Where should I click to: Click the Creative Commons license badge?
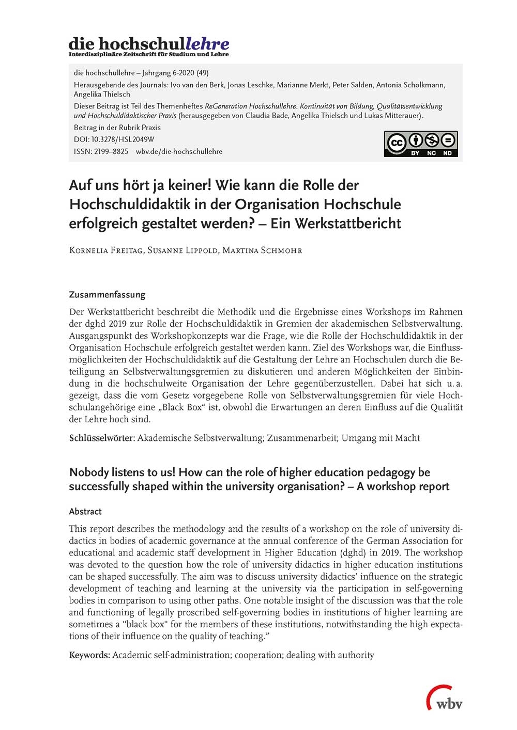click(420, 144)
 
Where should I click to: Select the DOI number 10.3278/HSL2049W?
click(123, 139)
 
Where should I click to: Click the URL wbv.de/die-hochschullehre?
click(179, 151)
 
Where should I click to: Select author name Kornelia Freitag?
click(105, 250)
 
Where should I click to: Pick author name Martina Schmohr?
click(262, 250)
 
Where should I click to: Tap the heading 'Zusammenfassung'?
click(107, 295)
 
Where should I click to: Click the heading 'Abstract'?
click(85, 512)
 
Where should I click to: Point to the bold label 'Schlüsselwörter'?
click(102, 438)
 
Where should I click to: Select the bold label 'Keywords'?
click(89, 655)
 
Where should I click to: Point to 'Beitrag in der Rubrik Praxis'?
click(117, 128)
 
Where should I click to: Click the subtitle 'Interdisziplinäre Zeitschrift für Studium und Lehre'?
click(148, 54)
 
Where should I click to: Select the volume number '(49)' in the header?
click(203, 73)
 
